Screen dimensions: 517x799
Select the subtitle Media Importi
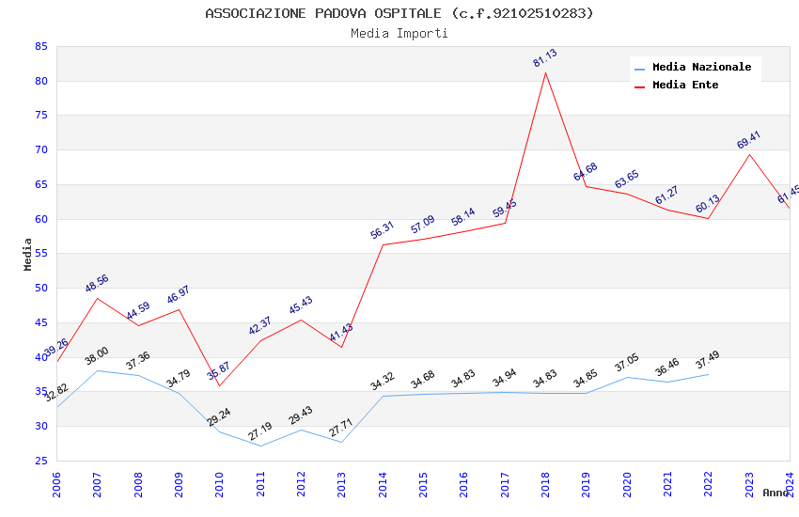(399, 33)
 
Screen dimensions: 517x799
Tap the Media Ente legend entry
(685, 85)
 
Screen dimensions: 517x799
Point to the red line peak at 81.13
(545, 72)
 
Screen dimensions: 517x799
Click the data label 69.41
(749, 140)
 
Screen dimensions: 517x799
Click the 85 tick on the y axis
(40, 46)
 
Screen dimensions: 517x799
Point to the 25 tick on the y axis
(40, 461)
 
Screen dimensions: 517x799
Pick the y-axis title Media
(28, 254)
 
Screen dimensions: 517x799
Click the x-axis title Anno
(775, 493)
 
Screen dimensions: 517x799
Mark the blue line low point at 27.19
(260, 446)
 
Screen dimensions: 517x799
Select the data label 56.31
(383, 230)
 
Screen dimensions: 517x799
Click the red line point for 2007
(97, 298)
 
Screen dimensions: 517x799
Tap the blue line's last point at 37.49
(708, 374)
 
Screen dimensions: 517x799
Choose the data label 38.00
(97, 356)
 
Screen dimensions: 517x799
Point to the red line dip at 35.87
(219, 385)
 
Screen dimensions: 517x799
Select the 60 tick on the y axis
(40, 219)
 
